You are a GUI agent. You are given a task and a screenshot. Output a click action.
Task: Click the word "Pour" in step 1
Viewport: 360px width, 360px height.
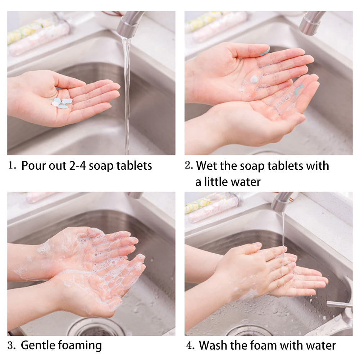(32, 165)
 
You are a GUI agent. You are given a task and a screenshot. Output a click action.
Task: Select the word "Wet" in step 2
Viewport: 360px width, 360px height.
(206, 165)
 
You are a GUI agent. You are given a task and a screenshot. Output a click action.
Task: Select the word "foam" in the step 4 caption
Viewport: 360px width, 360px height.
(264, 345)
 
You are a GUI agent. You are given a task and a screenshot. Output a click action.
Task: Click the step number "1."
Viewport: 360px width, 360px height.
(12, 165)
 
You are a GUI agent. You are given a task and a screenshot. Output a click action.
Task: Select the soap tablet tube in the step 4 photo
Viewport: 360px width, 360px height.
(214, 207)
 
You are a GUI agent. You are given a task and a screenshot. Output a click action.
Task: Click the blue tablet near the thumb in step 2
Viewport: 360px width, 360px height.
(264, 53)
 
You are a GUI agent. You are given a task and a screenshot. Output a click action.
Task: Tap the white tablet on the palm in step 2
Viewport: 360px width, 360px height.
(254, 79)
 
